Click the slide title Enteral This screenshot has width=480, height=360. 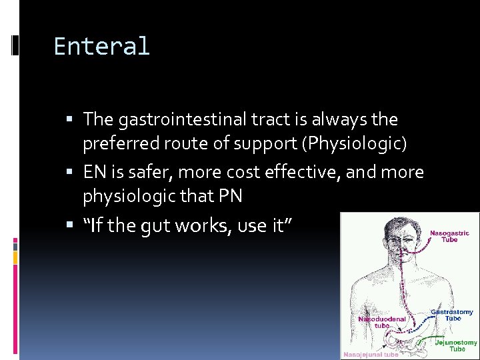(x=101, y=47)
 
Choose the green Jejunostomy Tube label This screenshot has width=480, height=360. (x=456, y=345)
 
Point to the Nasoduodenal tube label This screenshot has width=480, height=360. (x=383, y=322)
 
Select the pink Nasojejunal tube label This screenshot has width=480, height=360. (x=371, y=355)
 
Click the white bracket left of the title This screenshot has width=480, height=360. (x=15, y=47)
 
